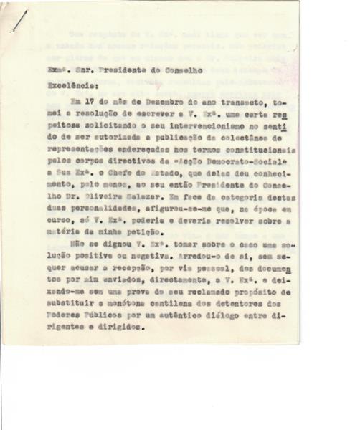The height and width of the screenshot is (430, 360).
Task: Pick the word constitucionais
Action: [x=255, y=163]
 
